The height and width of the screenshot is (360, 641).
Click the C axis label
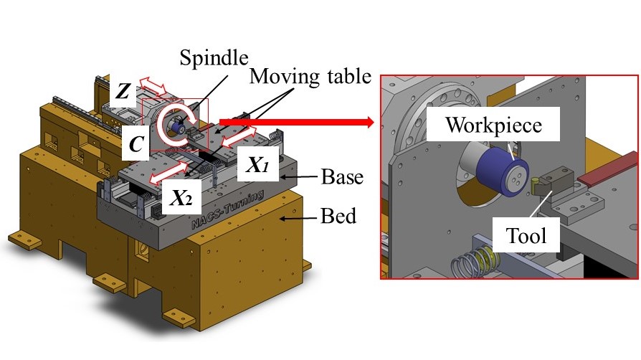134,143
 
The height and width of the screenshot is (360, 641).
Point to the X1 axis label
257,164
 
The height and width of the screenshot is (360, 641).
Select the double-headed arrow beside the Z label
151,88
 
